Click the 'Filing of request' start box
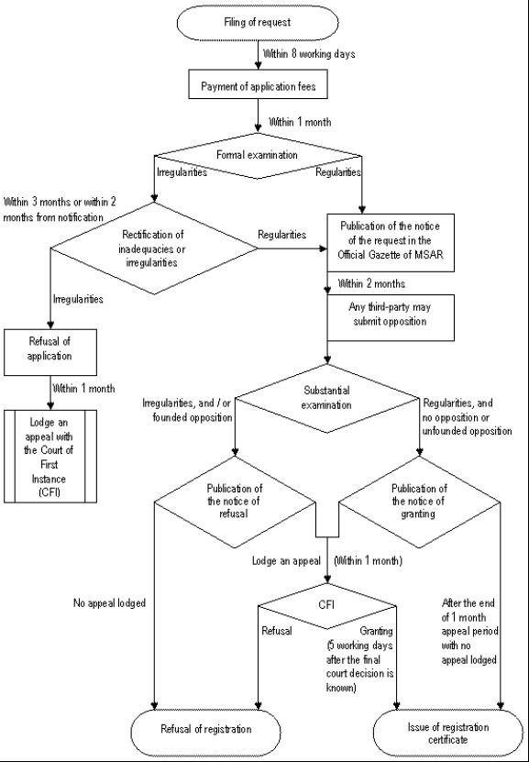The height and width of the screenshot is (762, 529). (258, 22)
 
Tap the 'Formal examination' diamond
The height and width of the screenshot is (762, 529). (258, 156)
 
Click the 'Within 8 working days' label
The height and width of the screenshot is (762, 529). (309, 54)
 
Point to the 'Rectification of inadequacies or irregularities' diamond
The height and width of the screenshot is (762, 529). (154, 248)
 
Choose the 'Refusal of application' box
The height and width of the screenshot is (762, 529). (50, 352)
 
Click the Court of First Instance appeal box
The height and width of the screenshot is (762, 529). (50, 457)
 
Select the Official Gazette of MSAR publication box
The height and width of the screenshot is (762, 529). (391, 242)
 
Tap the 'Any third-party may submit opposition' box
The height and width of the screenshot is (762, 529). (391, 317)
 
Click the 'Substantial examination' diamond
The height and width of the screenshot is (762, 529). (326, 399)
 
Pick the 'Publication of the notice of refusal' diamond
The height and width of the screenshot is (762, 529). (235, 502)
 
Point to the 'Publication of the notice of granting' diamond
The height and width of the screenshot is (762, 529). (419, 502)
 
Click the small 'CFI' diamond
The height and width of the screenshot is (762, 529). (327, 606)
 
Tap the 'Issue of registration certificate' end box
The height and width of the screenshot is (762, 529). (448, 733)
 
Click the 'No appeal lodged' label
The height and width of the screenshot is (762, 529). (109, 603)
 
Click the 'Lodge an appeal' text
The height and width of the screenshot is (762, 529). (286, 561)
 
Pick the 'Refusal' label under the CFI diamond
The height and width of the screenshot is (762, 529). (277, 631)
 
